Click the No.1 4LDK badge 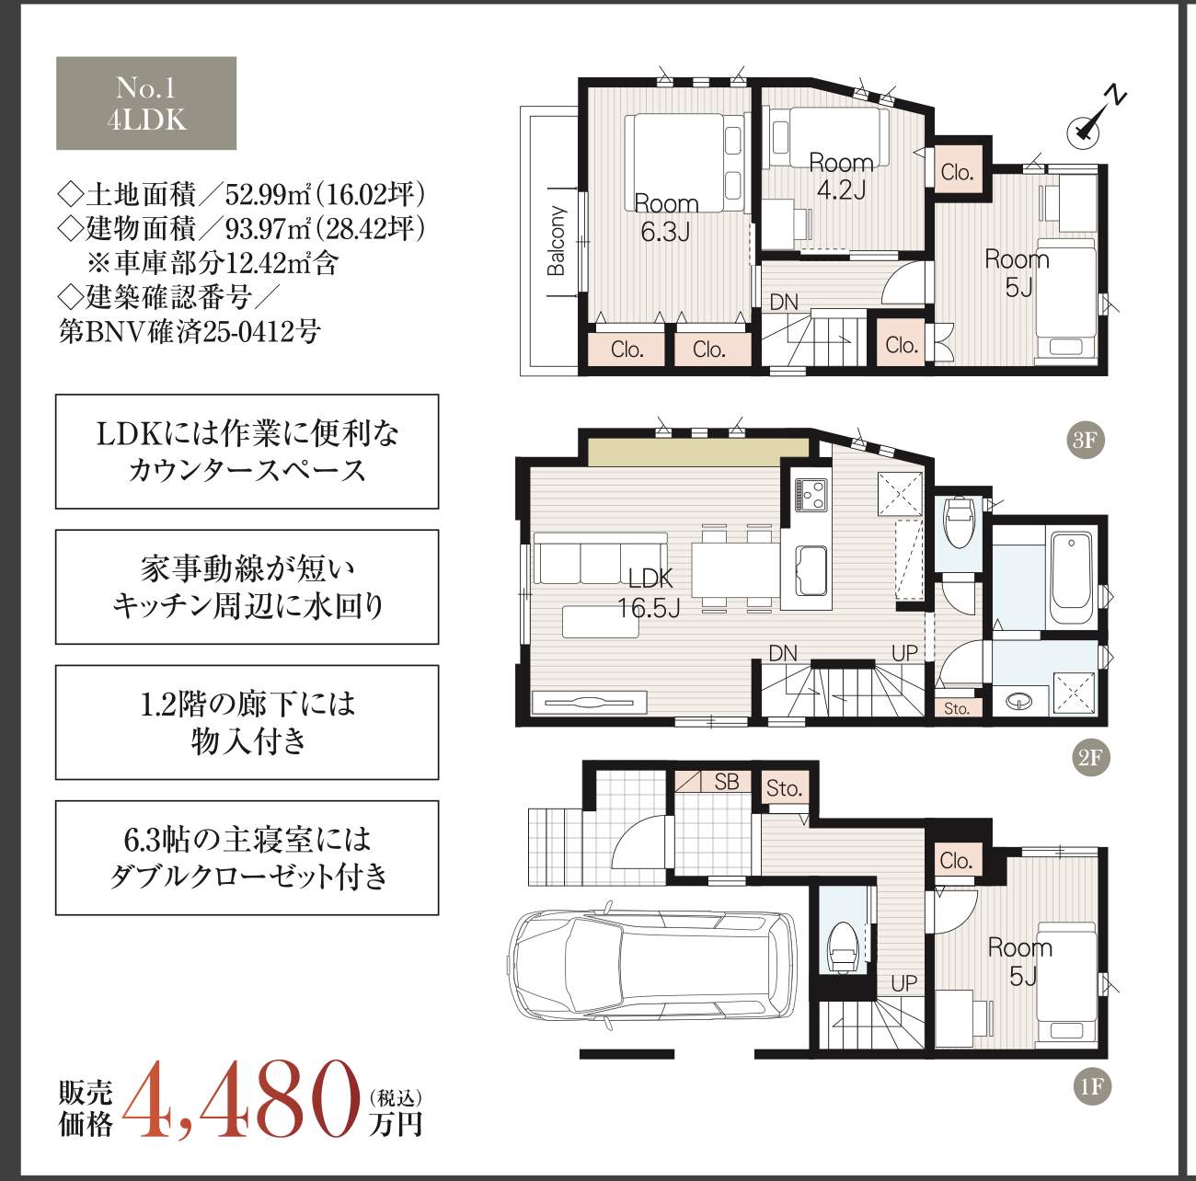pyautogui.click(x=146, y=103)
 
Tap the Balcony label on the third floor pyautogui.click(x=556, y=241)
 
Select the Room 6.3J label pyautogui.click(x=665, y=218)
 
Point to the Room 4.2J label pyautogui.click(x=841, y=177)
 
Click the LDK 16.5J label pyautogui.click(x=650, y=592)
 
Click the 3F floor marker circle pyautogui.click(x=1085, y=440)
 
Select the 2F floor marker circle pyautogui.click(x=1089, y=758)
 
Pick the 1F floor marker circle pyautogui.click(x=1092, y=1087)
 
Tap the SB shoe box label pyautogui.click(x=726, y=782)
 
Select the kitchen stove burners pyautogui.click(x=811, y=494)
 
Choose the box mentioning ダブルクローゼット pyautogui.click(x=247, y=857)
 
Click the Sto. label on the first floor pyautogui.click(x=784, y=788)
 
